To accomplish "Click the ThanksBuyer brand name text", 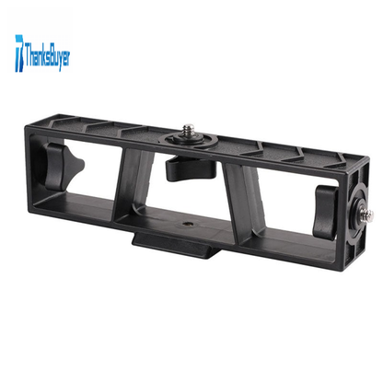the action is click(x=48, y=56).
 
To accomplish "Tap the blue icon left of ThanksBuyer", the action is click(x=19, y=53).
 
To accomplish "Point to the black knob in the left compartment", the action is click(x=63, y=165).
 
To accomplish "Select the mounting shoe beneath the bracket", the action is click(x=177, y=245).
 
